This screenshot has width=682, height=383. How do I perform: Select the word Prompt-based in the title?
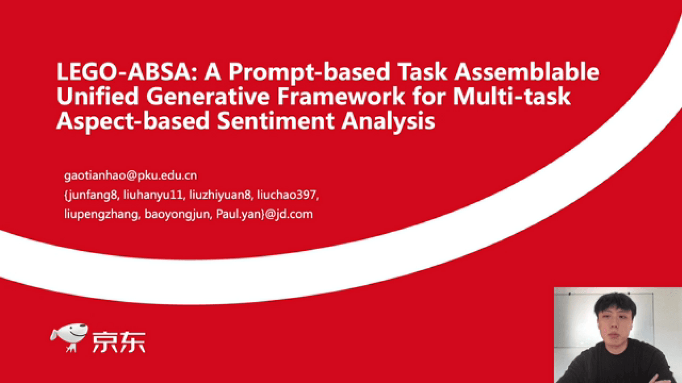tap(309, 73)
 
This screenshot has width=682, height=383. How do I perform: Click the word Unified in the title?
tap(98, 96)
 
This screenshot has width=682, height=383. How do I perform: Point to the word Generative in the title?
tap(208, 96)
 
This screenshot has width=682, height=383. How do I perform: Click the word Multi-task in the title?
tap(512, 96)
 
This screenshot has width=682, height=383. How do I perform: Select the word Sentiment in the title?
tap(276, 121)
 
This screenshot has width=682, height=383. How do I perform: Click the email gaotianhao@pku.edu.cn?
tap(131, 176)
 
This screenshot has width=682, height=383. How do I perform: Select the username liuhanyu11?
tap(154, 195)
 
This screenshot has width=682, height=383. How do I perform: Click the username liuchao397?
tap(288, 195)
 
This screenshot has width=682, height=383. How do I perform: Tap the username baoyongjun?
tap(178, 214)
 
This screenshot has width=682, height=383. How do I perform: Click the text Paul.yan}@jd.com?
tap(264, 214)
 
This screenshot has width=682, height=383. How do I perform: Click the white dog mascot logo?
tap(69, 338)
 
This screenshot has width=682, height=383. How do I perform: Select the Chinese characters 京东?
tap(119, 342)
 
